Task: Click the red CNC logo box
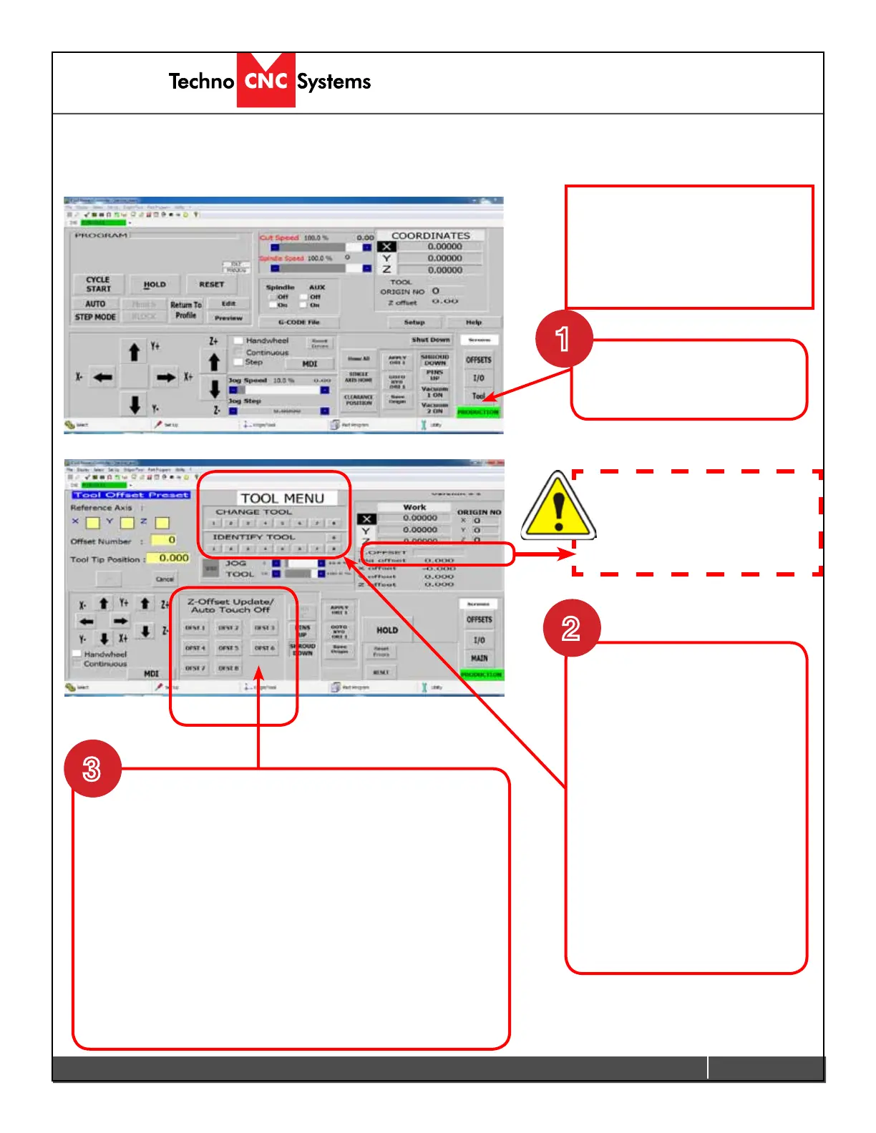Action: point(266,81)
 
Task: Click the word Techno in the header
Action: point(201,82)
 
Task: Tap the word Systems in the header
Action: point(334,82)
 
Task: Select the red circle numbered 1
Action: point(564,338)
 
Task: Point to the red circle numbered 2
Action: point(571,628)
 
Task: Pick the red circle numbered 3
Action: point(92,769)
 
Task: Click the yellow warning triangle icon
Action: point(558,507)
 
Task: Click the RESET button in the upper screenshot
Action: point(212,285)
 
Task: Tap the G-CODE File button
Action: point(299,323)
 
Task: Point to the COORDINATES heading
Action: point(431,235)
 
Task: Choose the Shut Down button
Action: point(431,340)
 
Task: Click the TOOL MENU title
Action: point(282,499)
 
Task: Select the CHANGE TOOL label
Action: point(254,512)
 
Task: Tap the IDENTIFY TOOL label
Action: point(254,537)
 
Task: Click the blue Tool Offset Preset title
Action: point(131,495)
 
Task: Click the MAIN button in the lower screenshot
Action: point(480,658)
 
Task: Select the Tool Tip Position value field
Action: point(169,558)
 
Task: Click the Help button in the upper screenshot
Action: point(474,323)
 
